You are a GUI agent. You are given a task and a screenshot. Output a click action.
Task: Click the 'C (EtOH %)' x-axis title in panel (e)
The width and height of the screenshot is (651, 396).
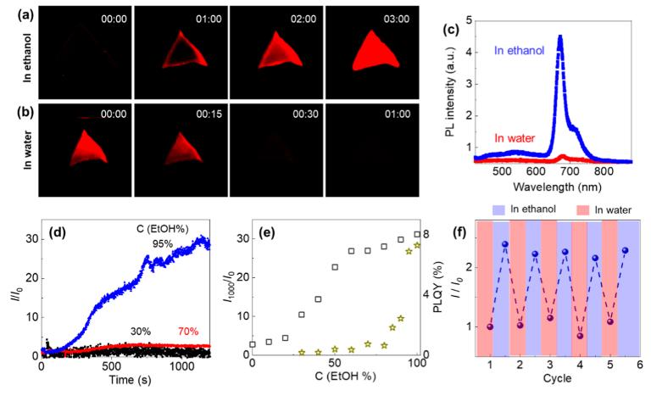[338, 382]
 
